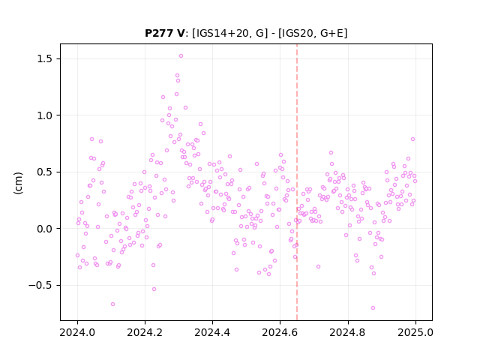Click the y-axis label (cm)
[x=18, y=183]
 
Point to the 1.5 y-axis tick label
[x=45, y=58]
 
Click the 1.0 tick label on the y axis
[x=45, y=115]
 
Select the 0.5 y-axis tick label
[x=45, y=172]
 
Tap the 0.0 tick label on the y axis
[x=45, y=229]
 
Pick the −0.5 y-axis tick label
[x=40, y=285]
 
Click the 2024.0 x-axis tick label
[x=77, y=332]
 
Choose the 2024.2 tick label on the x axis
[x=145, y=332]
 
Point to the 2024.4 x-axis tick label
[x=212, y=332]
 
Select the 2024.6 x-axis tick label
[x=280, y=332]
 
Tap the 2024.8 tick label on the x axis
[x=347, y=332]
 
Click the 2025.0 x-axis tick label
[x=415, y=332]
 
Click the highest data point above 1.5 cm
[x=181, y=56]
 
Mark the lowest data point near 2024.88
[x=373, y=308]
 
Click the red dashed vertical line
[x=297, y=182]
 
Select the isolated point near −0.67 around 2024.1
[x=112, y=304]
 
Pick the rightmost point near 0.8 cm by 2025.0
[x=412, y=139]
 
